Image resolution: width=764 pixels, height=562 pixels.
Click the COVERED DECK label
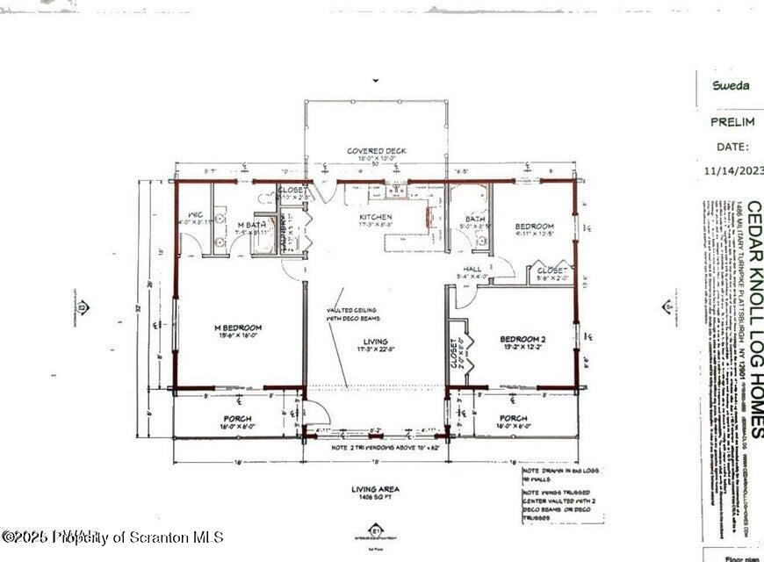pos(376,151)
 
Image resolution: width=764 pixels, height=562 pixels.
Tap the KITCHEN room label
pos(376,217)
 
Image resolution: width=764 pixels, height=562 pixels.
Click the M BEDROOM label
pos(238,328)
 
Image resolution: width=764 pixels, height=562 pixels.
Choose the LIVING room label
pos(376,342)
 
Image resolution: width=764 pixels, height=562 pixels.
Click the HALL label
pos(472,269)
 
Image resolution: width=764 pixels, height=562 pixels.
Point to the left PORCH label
pos(237,419)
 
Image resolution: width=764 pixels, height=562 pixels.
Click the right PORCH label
pos(513,418)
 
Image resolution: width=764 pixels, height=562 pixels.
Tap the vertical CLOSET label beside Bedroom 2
pos(454,355)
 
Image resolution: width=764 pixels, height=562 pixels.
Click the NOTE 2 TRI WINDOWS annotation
pos(376,447)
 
